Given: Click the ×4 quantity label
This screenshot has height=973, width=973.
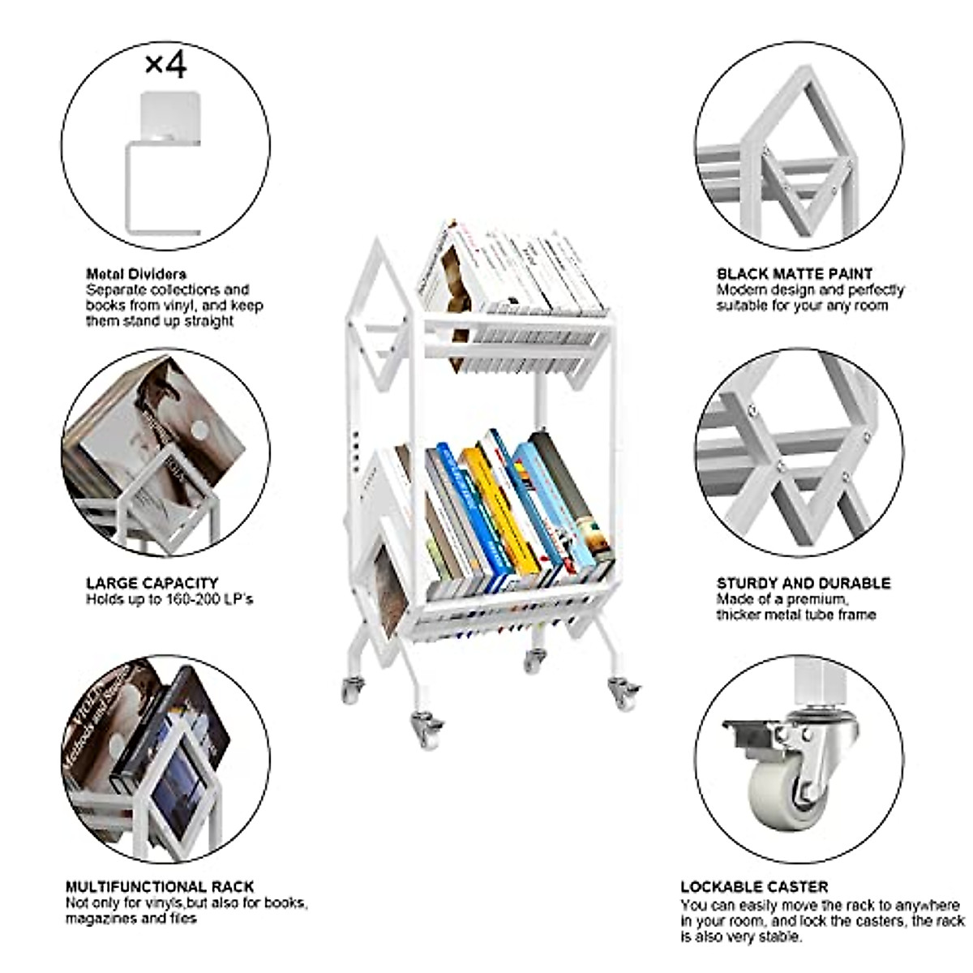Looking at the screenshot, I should coord(165,64).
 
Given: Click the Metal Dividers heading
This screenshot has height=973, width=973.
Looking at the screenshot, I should coord(136,274).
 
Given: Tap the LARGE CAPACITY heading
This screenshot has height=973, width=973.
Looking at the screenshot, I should coord(152,583).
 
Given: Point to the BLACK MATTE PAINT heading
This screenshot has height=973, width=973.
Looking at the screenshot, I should coord(795,274).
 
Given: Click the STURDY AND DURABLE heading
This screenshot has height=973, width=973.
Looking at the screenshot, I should coord(804,583).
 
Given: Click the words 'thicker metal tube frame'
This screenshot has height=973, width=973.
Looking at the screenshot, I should coord(796,615).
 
